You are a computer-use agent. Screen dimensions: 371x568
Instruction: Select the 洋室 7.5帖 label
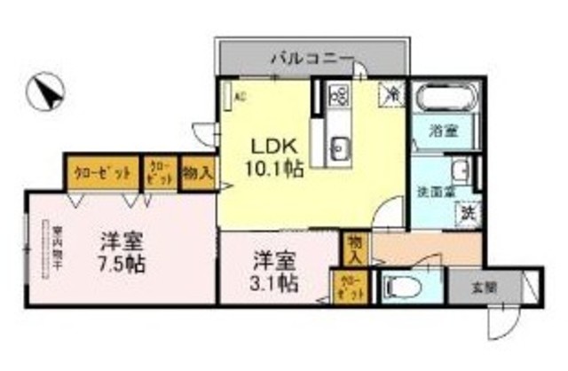pos(122,251)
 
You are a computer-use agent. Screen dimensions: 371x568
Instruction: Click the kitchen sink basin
pos(339,147)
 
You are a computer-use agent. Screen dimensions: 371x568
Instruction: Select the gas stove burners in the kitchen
pos(339,94)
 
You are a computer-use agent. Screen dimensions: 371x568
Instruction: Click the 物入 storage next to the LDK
pos(196,170)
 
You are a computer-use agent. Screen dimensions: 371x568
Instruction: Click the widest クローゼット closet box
pos(101,170)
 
